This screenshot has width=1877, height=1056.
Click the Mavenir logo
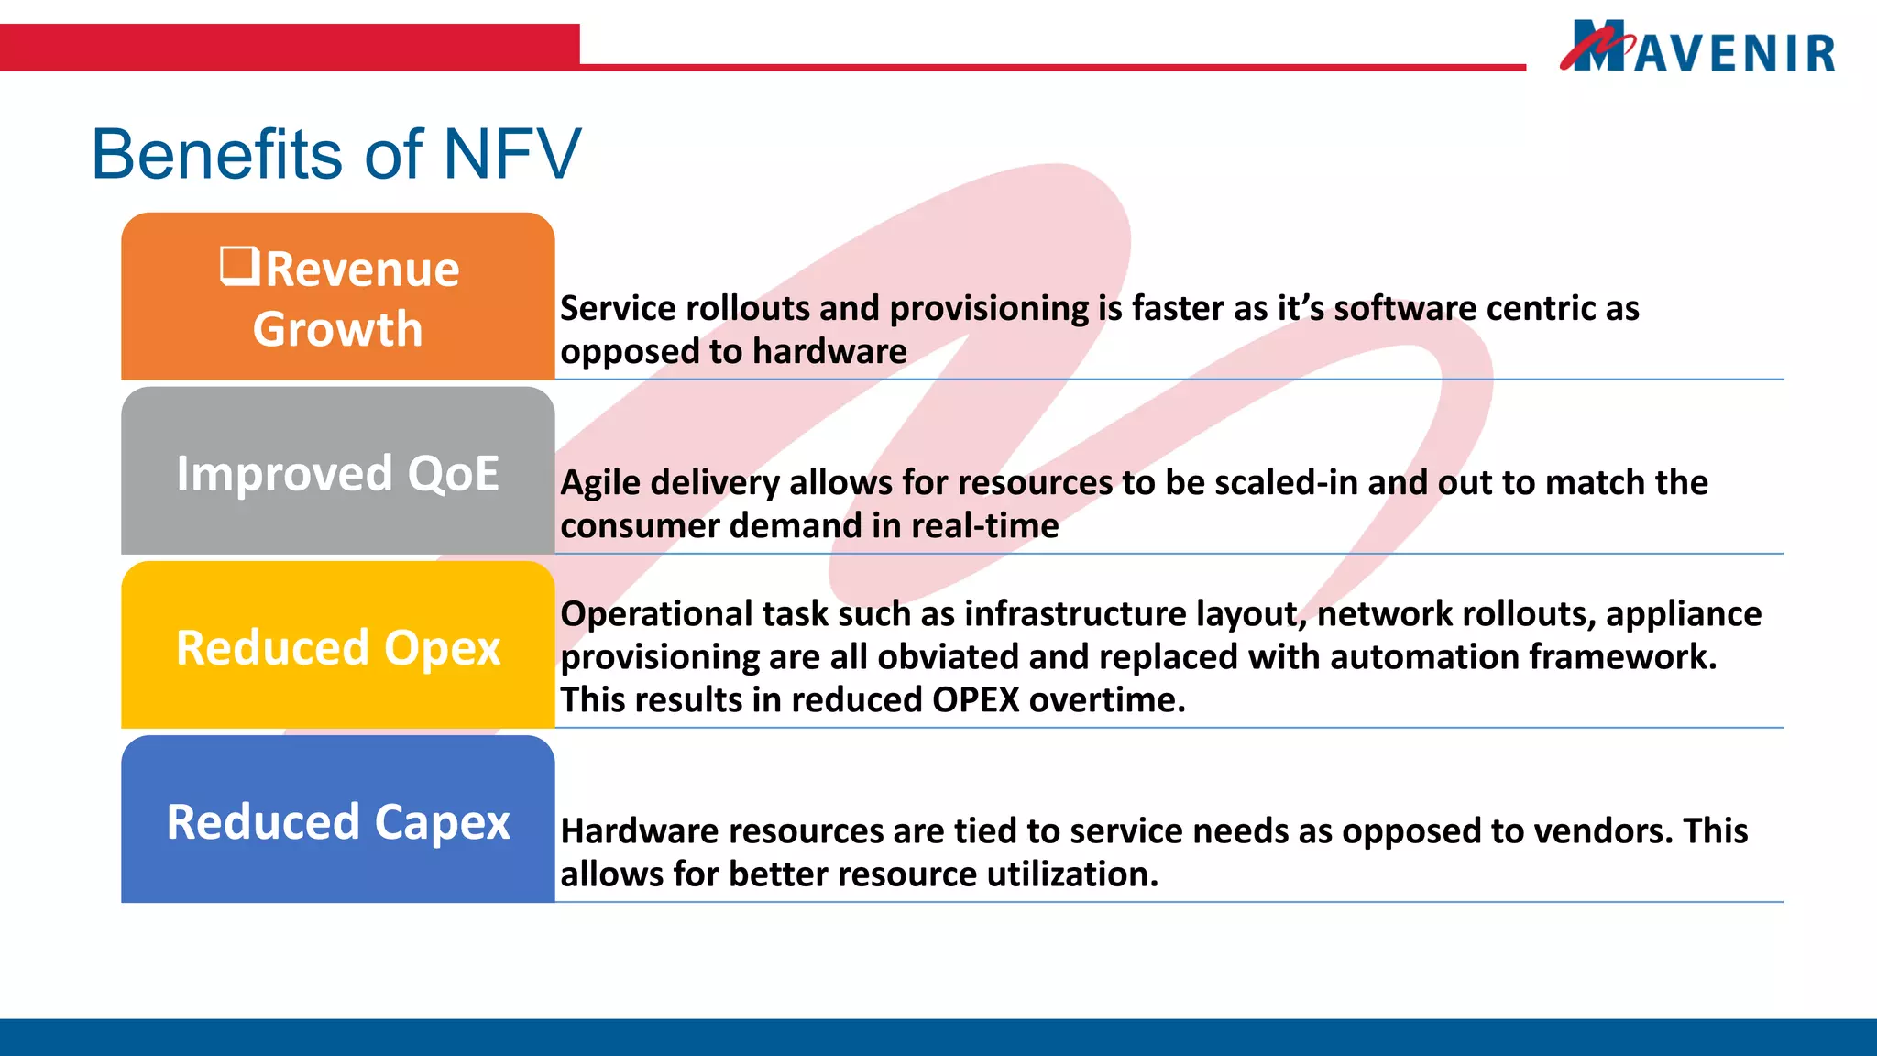pyautogui.click(x=1698, y=48)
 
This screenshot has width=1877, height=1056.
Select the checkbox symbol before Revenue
pyautogui.click(x=239, y=267)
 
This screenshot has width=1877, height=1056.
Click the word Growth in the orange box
pyautogui.click(x=337, y=329)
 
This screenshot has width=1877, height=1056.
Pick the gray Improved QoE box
pyautogui.click(x=337, y=473)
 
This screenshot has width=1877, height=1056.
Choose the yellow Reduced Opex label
pyautogui.click(x=337, y=648)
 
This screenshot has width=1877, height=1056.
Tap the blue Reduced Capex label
pyautogui.click(x=337, y=822)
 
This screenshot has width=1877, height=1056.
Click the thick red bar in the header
pyautogui.click(x=290, y=48)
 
